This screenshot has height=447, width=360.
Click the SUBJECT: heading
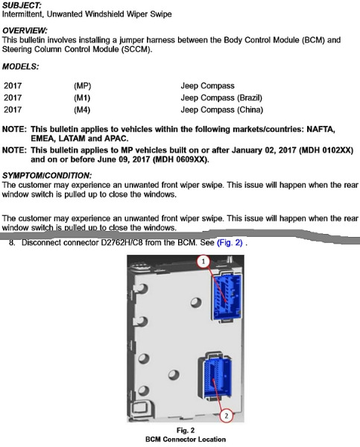(x=22, y=5)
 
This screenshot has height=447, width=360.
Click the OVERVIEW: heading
(x=25, y=31)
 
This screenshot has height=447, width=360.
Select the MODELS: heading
(x=20, y=67)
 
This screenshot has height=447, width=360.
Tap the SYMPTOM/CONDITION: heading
(x=47, y=175)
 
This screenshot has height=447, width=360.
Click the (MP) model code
(x=82, y=86)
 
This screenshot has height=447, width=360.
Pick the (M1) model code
(x=82, y=98)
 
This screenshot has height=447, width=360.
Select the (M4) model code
(x=82, y=110)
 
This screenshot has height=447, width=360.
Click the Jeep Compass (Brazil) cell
(x=221, y=98)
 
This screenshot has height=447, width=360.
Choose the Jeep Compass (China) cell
(x=221, y=110)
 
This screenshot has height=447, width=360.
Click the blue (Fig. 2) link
(x=230, y=243)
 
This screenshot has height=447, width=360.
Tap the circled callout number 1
(x=203, y=261)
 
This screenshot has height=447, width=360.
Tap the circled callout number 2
(x=227, y=416)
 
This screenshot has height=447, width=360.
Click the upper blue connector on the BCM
(x=227, y=297)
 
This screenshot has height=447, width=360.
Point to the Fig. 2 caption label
(x=186, y=430)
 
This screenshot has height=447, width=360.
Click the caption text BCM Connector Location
(x=186, y=440)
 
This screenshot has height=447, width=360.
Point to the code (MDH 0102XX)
(x=326, y=150)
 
